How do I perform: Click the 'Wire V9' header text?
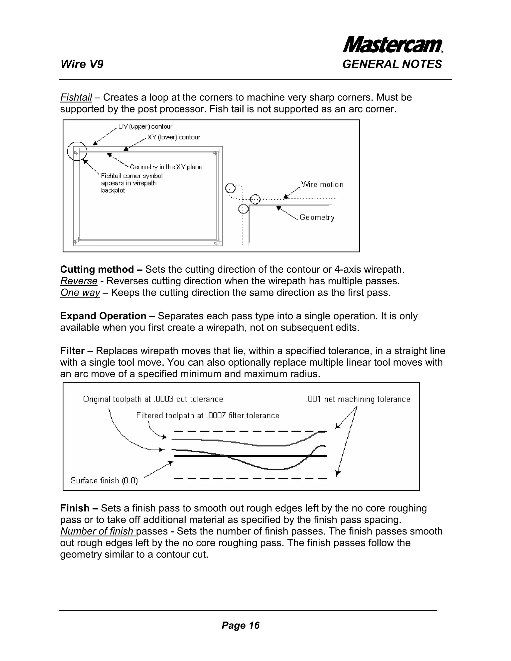(82, 64)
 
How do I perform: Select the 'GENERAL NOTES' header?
(392, 64)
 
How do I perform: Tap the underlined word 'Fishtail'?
(76, 98)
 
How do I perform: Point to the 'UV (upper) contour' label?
(145, 126)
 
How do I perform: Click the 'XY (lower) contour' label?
(174, 137)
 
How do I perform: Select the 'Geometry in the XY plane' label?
(166, 167)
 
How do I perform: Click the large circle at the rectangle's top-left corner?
(77, 151)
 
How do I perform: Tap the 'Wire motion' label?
(322, 185)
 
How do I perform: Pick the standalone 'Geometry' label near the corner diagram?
(317, 217)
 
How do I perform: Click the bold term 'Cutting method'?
(97, 269)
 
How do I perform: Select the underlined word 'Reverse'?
(79, 281)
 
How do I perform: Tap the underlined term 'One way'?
(80, 293)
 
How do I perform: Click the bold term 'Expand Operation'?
(103, 316)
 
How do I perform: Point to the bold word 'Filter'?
(72, 351)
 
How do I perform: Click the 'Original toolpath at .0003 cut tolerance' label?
(153, 399)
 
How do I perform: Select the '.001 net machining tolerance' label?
(358, 399)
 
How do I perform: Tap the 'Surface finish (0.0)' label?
(104, 481)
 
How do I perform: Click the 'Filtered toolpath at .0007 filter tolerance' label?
(208, 415)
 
